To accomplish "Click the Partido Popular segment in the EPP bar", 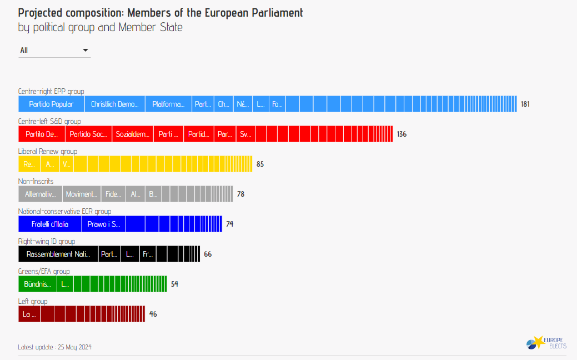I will [51, 104].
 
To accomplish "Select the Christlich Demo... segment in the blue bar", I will [114, 104].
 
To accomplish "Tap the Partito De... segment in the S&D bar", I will [42, 134].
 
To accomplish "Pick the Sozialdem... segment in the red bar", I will [133, 134].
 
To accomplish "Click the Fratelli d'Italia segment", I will [49, 224].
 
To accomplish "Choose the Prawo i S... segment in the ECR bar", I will [103, 224].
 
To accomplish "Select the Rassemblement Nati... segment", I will [58, 254].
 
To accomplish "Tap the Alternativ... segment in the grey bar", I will [40, 194].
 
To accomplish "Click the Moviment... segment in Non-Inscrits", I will [82, 194].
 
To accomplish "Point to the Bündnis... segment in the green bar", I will [37, 284].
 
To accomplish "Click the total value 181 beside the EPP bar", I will [525, 104].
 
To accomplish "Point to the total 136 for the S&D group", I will [402, 134].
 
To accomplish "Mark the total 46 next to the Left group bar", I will [153, 314].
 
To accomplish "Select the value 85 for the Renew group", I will [260, 164].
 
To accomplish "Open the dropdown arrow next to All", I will [86, 50].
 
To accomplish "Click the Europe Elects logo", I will [546, 342].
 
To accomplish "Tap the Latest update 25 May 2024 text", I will [54, 347].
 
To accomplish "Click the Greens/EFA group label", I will [44, 271].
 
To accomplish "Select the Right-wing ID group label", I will [47, 241].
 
